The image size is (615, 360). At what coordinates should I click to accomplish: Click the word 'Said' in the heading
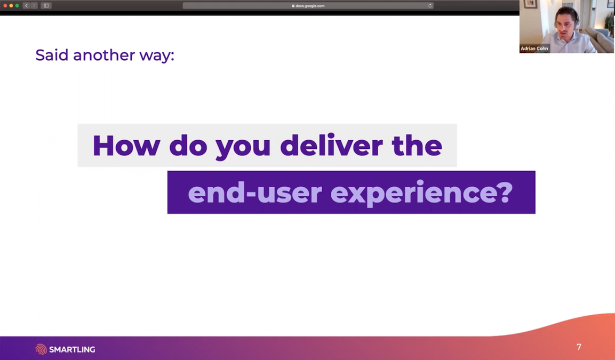point(52,55)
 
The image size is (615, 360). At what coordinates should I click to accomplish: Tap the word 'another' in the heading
point(104,55)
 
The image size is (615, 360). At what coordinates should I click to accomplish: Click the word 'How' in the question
point(126,146)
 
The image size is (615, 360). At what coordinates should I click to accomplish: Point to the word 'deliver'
point(331,145)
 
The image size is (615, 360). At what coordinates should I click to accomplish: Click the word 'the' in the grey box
point(417,145)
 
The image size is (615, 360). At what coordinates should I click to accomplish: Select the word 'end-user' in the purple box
point(255,193)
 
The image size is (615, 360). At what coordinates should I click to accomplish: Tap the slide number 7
point(579,347)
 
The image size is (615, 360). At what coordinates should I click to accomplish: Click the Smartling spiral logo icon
point(41,349)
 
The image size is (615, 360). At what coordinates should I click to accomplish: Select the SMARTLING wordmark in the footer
point(72,349)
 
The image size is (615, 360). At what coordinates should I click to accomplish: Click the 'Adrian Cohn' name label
point(534,48)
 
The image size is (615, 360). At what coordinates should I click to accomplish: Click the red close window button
point(5,5)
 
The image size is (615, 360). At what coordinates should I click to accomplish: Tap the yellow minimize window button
point(11,5)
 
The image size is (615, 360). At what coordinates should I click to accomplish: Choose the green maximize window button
point(17,5)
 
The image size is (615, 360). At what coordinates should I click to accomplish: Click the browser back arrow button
point(26,5)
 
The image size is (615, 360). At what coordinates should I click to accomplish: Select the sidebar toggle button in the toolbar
point(46,5)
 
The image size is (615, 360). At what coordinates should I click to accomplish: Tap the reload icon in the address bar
point(430,5)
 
